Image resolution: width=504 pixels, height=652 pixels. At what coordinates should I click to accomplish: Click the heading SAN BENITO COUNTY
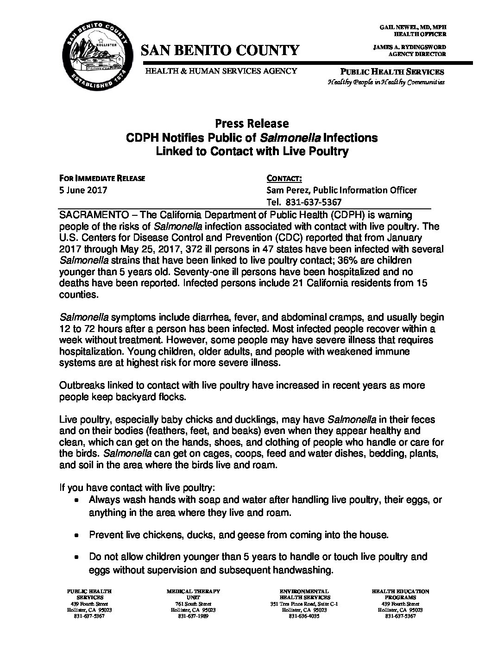pos(220,50)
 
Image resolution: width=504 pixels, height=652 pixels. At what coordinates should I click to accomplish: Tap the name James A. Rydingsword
pos(409,47)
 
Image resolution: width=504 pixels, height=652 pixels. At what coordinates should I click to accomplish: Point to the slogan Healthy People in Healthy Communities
pos(386,82)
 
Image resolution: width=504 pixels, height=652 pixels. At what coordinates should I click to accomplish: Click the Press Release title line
pos(252,124)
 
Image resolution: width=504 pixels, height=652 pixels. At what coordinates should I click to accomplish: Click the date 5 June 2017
pos(83,190)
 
